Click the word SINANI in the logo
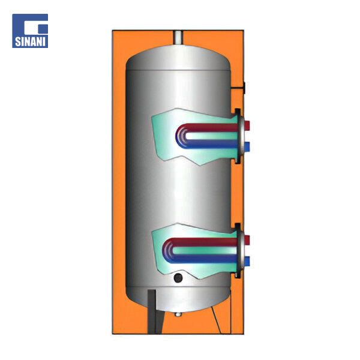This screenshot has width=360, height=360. point(30,41)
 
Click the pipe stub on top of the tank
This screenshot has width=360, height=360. point(178,38)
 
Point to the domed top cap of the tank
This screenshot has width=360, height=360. point(178,58)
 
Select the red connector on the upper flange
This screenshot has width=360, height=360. point(247,125)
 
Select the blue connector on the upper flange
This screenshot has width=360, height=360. point(247,147)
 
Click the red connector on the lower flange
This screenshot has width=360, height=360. point(247,239)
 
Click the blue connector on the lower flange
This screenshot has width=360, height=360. point(247,261)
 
